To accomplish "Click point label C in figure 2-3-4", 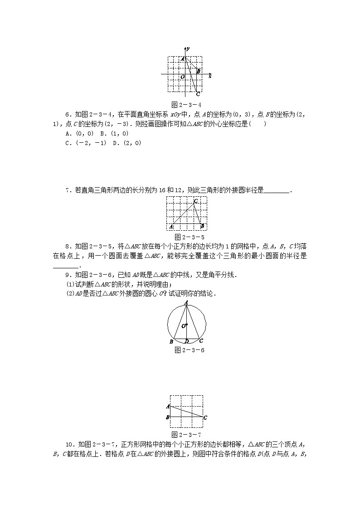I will [x=198, y=95].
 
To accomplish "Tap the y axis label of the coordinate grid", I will [x=188, y=48].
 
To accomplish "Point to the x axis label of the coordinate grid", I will [x=210, y=77].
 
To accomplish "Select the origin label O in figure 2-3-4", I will [x=182, y=77].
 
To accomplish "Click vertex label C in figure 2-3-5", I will [x=195, y=201].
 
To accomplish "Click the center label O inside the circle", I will [x=184, y=326].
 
